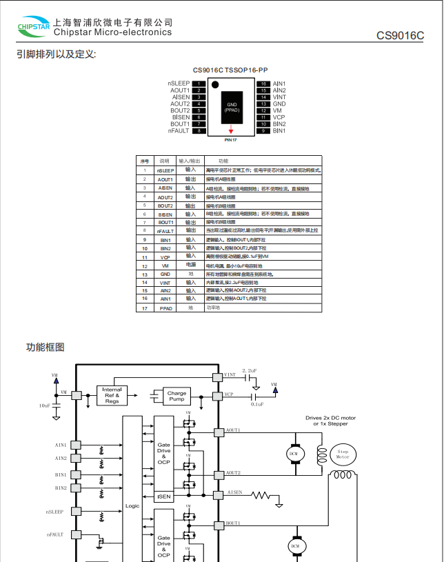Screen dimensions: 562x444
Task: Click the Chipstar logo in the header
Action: click(34, 27)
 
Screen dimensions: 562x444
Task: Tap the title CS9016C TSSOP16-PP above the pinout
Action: click(230, 70)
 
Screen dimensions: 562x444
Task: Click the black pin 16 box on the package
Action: click(263, 83)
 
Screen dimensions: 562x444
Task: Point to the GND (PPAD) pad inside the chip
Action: click(232, 107)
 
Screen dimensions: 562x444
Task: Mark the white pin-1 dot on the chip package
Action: click(215, 85)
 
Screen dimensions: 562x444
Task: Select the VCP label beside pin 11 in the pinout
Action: click(279, 117)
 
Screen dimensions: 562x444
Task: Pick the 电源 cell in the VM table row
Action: click(191, 265)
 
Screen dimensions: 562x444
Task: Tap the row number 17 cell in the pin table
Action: click(145, 308)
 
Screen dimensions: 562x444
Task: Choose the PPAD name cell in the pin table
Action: click(165, 308)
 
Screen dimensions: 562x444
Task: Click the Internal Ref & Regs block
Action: click(112, 395)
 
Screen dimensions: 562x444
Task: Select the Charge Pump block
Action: click(176, 397)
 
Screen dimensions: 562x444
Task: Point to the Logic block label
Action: click(132, 505)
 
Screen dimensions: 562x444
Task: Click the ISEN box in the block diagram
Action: click(163, 496)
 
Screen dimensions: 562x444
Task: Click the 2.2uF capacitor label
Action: click(249, 370)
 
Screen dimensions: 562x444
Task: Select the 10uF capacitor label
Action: click(45, 406)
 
